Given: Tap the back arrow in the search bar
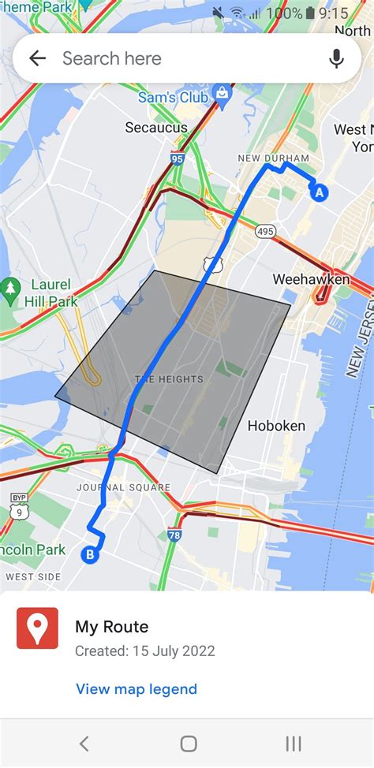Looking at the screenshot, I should [x=37, y=58].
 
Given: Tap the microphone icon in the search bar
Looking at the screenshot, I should [x=337, y=58].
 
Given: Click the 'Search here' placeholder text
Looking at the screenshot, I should [x=111, y=58].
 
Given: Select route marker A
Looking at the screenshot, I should [x=319, y=192].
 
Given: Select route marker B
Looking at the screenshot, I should [x=91, y=555].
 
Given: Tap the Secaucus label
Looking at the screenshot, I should [x=156, y=127].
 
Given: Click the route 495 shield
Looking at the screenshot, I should [x=265, y=231].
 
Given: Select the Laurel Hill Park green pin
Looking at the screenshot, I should [x=10, y=287].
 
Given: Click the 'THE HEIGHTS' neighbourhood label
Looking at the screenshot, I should [x=169, y=379].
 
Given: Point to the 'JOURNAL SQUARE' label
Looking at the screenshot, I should [x=123, y=487].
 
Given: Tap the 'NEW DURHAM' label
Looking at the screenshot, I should [x=273, y=158].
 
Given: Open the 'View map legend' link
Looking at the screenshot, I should [x=137, y=689].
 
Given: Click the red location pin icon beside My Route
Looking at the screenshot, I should [x=37, y=628].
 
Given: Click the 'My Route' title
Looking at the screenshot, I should [x=111, y=627].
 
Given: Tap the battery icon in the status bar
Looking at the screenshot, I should [x=311, y=13].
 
